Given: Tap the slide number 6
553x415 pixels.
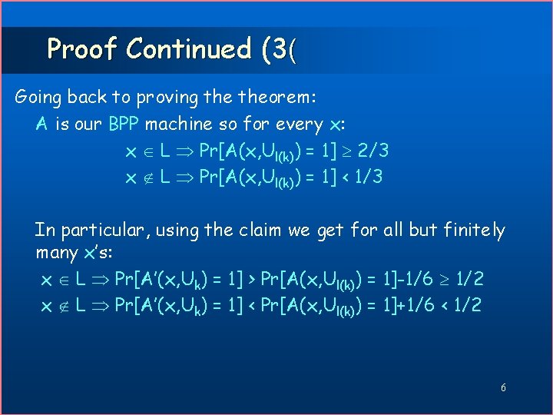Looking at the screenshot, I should tap(503, 388).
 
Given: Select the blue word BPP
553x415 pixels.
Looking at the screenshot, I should tap(124, 124).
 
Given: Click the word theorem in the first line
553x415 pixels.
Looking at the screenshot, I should tap(286, 98).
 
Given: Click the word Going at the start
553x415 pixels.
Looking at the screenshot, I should tap(39, 98).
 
